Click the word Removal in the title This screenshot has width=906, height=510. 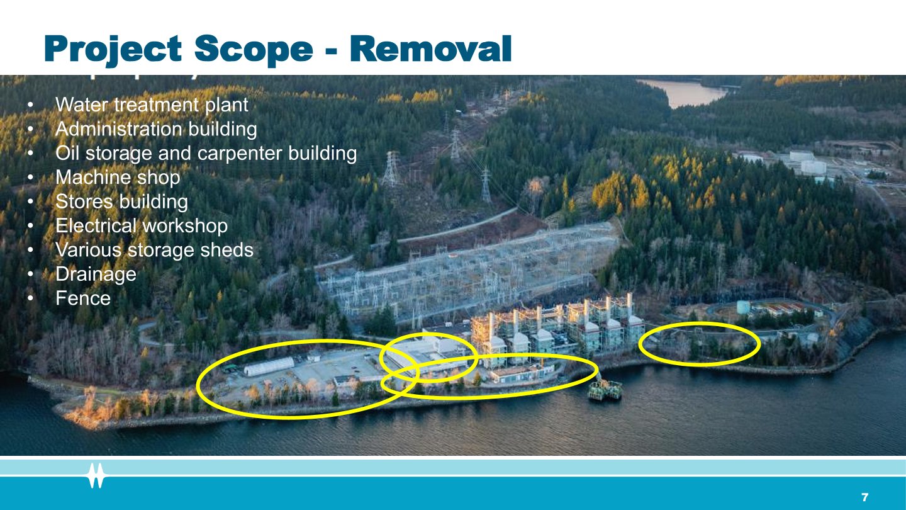point(431,48)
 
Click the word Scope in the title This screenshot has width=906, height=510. point(254,48)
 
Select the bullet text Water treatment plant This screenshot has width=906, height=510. point(152,105)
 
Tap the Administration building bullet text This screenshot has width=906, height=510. point(156,129)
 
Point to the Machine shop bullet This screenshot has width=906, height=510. point(118,178)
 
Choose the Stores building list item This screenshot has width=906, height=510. point(122,201)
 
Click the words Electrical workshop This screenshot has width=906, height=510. point(142,226)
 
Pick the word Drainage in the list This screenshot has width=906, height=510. point(96,275)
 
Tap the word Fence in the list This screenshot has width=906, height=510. point(83,298)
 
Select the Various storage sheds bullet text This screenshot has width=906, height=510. point(155,250)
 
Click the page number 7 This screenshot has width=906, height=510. point(864,497)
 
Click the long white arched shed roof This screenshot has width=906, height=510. point(269,366)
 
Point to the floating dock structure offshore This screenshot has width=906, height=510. point(605,389)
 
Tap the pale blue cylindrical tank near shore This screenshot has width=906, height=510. point(743,307)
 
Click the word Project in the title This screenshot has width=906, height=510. point(113,50)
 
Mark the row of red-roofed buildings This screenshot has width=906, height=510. point(784,310)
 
